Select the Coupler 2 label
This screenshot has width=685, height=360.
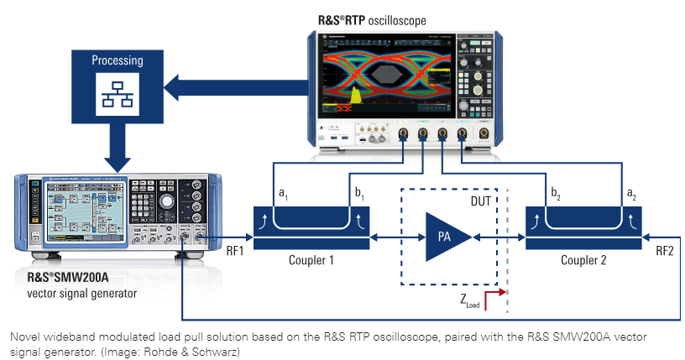point(583,261)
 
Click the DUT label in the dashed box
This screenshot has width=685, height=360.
point(480,202)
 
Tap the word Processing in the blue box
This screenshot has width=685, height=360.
point(118,61)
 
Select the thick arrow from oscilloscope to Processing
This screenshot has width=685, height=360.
point(235,84)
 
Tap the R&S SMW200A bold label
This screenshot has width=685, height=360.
point(71,279)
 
